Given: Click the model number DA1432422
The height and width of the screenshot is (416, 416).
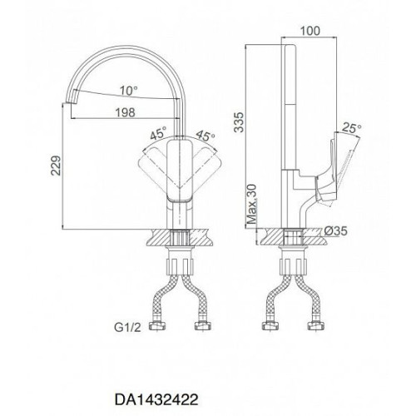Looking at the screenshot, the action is pyautogui.click(x=156, y=399).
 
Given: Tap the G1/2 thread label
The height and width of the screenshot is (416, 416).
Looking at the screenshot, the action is pyautogui.click(x=127, y=328).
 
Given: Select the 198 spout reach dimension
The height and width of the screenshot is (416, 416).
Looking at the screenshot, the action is pyautogui.click(x=126, y=112).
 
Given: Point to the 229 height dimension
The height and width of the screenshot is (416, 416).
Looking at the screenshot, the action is pyautogui.click(x=56, y=166).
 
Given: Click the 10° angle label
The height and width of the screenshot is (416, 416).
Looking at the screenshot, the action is pyautogui.click(x=129, y=91).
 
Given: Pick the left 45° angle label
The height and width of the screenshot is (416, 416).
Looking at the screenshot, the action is pyautogui.click(x=158, y=133).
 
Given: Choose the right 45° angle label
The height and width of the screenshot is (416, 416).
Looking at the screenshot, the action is pyautogui.click(x=206, y=136).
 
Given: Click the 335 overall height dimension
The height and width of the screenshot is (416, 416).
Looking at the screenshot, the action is pyautogui.click(x=239, y=122).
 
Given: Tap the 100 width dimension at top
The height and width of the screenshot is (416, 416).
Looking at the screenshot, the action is pyautogui.click(x=310, y=31).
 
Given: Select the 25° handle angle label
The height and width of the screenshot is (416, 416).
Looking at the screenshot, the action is pyautogui.click(x=351, y=128).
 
